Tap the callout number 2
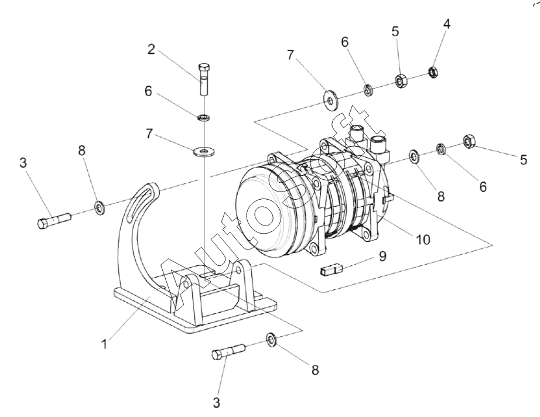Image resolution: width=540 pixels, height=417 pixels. tap(151, 49)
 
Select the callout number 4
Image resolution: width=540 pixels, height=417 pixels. tap(447, 24)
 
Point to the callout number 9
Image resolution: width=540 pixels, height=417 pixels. tap(382, 256)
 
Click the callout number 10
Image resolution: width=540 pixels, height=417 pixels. tap(423, 240)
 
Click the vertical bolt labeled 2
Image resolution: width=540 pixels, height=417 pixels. tap(204, 80)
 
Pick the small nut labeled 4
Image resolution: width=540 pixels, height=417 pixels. tap(433, 72)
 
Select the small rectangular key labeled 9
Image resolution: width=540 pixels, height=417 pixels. tap(330, 269)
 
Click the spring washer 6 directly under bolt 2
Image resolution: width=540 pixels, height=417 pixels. tap(204, 117)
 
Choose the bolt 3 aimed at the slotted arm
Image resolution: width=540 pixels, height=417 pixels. tap(54, 221)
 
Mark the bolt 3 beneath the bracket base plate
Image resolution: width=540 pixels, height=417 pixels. tap(228, 352)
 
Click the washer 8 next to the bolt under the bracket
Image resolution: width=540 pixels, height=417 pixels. tap(271, 339)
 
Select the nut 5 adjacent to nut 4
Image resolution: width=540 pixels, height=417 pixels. tap(401, 81)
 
